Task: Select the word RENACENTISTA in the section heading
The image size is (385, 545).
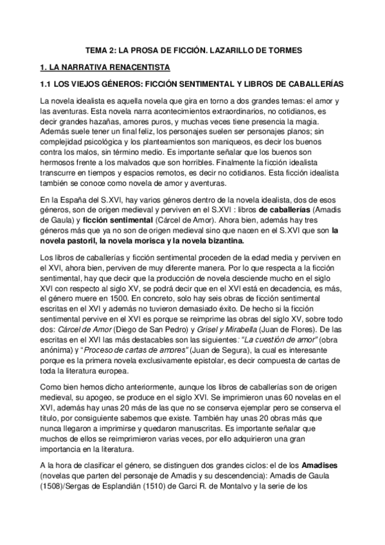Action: (x=137, y=66)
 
